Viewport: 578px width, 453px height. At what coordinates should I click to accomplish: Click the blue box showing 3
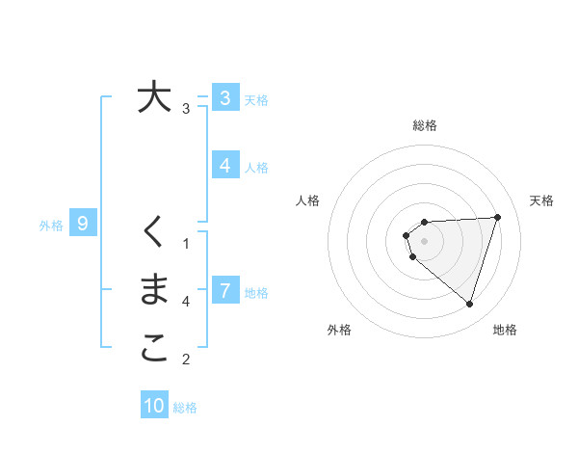(224, 97)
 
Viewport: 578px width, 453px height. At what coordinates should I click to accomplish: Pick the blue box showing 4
(224, 165)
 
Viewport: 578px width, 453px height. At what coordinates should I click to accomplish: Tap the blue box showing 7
(224, 290)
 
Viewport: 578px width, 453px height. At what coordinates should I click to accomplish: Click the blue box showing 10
(154, 406)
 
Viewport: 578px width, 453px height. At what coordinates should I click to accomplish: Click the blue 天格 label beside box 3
(256, 99)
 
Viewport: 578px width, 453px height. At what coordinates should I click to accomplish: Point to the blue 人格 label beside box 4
(256, 167)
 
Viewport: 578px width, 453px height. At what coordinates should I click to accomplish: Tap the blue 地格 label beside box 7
(256, 292)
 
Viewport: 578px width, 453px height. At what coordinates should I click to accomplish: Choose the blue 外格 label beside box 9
(51, 226)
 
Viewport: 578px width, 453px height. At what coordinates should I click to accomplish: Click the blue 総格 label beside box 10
(185, 408)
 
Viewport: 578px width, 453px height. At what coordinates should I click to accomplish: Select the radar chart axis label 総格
(425, 125)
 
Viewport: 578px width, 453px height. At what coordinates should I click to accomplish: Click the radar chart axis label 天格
(541, 200)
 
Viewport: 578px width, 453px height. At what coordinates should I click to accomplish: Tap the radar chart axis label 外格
(339, 330)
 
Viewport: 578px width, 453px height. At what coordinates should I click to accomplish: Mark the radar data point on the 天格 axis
(497, 217)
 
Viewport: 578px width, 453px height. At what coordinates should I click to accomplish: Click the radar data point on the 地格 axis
(469, 304)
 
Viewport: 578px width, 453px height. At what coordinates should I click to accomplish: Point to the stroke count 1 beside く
(186, 242)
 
